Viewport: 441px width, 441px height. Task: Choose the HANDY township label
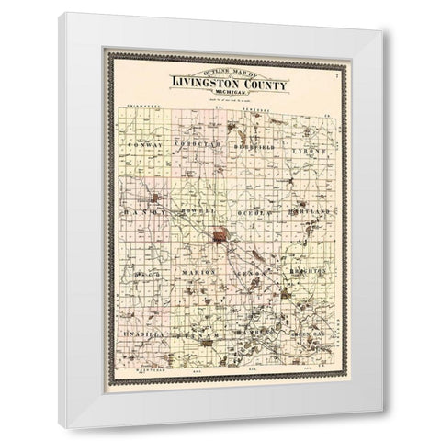coord(143,212)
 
